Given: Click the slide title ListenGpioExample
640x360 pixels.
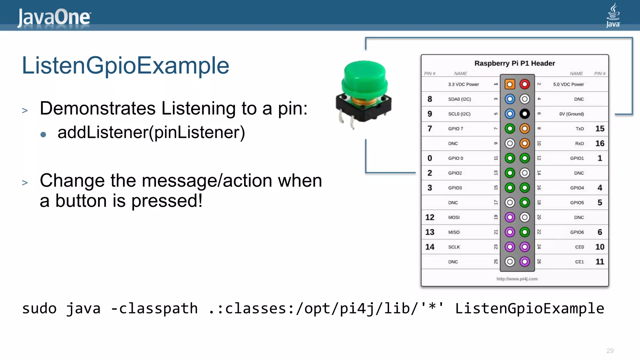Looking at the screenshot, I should (x=125, y=66).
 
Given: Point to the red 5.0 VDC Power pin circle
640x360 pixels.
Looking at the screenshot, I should (x=525, y=84).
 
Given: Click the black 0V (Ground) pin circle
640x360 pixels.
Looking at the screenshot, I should (x=525, y=114).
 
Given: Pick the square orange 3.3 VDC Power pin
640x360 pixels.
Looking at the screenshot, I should (x=510, y=84).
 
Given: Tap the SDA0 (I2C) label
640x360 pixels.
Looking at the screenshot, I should (x=459, y=99).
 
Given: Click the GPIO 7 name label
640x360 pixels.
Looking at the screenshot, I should (x=456, y=129).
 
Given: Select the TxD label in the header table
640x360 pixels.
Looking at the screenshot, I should (x=580, y=129).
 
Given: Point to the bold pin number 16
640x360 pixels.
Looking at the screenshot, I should (x=600, y=143).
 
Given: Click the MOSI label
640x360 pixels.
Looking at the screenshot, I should (x=454, y=217).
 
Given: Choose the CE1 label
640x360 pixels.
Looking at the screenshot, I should (x=579, y=262).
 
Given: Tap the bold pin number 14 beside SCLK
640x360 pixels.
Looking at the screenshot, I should (x=430, y=247).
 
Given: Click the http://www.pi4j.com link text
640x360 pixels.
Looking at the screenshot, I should (x=517, y=279).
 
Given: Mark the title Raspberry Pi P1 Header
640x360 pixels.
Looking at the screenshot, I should (x=515, y=63).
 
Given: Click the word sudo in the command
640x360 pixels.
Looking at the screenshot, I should (x=39, y=309).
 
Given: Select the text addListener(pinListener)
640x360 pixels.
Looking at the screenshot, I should (x=151, y=132).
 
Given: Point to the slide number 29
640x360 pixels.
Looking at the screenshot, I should (x=610, y=351).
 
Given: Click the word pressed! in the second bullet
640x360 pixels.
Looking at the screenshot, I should (x=167, y=201).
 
